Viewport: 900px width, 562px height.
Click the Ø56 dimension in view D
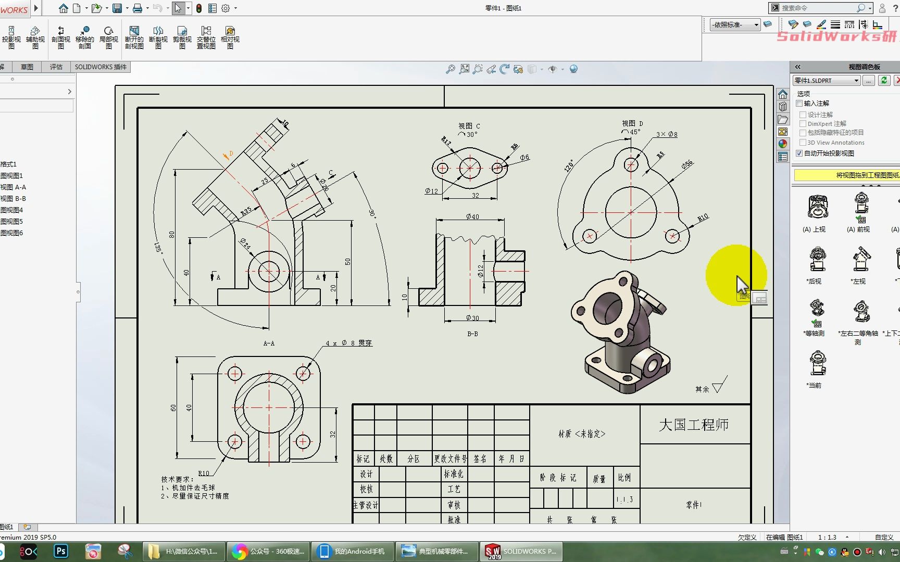click(687, 164)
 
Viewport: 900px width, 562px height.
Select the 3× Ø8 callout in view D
click(667, 134)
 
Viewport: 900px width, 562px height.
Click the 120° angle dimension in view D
click(569, 166)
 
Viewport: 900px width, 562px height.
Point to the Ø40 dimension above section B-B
click(472, 216)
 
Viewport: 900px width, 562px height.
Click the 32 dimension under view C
click(475, 195)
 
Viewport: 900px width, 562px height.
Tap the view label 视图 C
click(469, 126)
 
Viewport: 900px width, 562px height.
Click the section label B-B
click(472, 334)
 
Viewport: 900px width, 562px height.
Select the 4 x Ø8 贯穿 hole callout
click(348, 343)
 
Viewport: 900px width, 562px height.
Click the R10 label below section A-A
click(204, 473)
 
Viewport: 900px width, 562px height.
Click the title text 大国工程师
click(693, 425)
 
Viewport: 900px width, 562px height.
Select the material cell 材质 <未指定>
click(582, 433)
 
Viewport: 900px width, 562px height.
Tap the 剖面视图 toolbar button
click(60, 37)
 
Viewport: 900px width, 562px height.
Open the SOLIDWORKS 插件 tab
click(101, 67)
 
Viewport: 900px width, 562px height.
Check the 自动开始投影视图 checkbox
click(799, 153)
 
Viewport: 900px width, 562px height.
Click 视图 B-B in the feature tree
click(13, 198)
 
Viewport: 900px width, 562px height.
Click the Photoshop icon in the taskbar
click(61, 551)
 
